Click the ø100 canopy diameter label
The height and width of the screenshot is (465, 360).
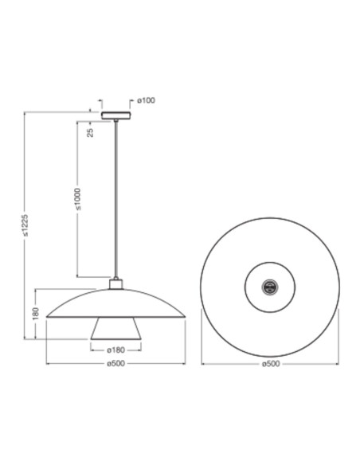[146, 100]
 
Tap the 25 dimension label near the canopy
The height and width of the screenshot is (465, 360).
[90, 132]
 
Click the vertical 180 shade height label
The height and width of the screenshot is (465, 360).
[36, 314]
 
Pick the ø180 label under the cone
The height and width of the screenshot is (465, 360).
[116, 350]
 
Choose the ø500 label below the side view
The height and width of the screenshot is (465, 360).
[116, 365]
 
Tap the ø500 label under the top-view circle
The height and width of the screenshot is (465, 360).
[271, 365]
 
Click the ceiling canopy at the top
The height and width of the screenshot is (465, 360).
[116, 114]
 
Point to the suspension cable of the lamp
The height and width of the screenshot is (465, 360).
[116, 199]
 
